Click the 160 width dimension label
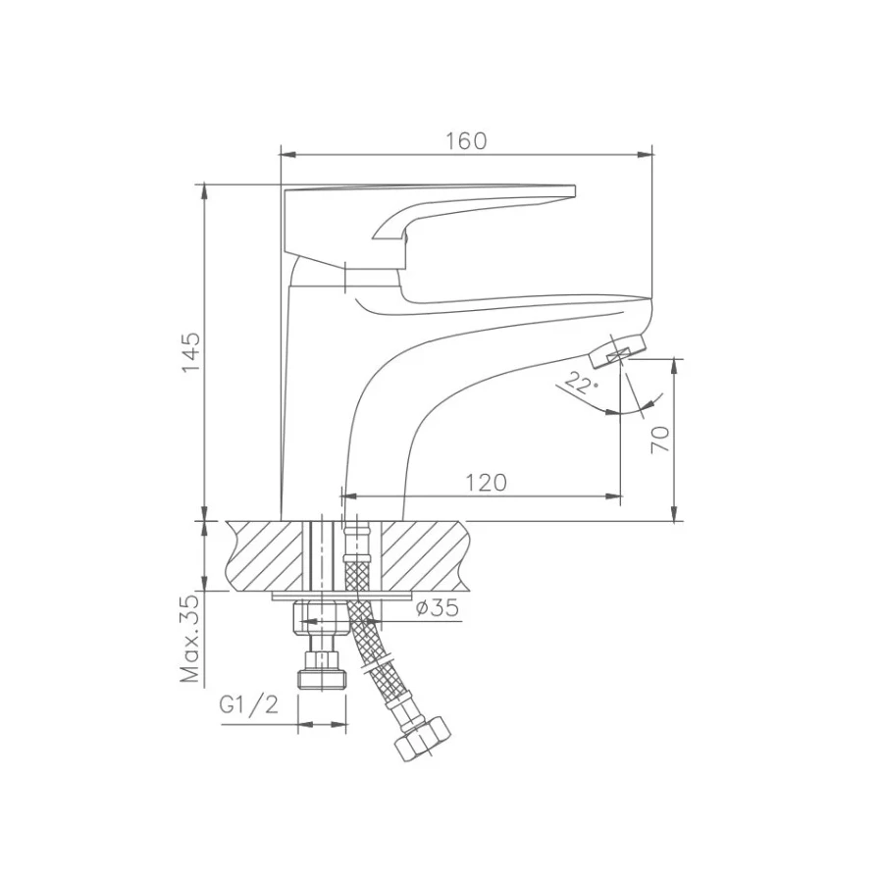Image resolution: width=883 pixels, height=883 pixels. (466, 140)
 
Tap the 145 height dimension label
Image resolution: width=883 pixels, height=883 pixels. (191, 352)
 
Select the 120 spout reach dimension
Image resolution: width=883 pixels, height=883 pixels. (486, 483)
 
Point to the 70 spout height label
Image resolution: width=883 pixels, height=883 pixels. (660, 440)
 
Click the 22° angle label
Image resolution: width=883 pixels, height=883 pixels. (580, 384)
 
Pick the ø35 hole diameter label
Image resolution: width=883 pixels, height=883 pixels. (437, 607)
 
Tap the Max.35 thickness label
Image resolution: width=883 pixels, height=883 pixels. (191, 639)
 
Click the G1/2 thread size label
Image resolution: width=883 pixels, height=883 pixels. (249, 704)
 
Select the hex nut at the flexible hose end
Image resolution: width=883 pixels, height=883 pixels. (424, 739)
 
